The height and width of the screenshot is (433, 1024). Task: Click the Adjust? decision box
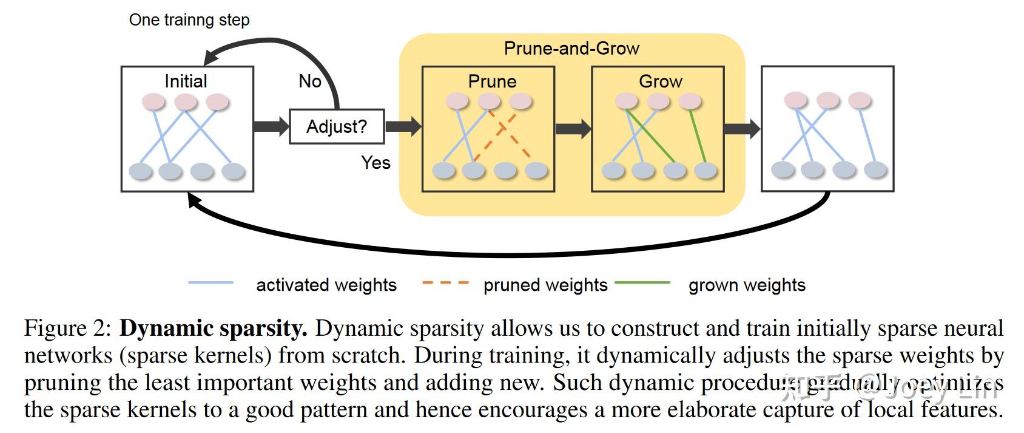(337, 126)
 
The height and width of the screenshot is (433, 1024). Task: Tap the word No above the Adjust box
(310, 81)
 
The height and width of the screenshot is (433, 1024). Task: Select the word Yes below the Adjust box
(376, 162)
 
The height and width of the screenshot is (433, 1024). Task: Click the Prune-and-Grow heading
(571, 49)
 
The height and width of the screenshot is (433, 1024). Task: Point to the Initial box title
(186, 81)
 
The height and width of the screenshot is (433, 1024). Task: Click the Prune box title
(492, 81)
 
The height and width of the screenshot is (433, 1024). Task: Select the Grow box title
(661, 81)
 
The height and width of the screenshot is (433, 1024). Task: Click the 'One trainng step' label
(189, 20)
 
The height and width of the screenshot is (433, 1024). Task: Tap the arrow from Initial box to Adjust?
(271, 126)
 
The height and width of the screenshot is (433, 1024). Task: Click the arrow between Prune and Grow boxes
(573, 128)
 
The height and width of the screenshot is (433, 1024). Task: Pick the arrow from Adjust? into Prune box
(403, 126)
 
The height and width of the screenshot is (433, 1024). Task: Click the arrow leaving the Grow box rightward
(741, 128)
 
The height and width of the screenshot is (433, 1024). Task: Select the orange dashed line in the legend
(445, 283)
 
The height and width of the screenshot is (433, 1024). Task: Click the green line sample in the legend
(642, 283)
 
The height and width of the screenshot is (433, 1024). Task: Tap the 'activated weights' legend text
(326, 285)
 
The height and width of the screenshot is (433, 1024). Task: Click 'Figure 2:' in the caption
(68, 329)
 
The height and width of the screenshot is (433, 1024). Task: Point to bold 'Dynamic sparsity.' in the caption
(214, 329)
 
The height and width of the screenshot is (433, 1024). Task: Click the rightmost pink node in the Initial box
(217, 101)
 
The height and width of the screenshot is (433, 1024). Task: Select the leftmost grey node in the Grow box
(613, 170)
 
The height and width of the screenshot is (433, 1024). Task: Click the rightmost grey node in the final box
(875, 169)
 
